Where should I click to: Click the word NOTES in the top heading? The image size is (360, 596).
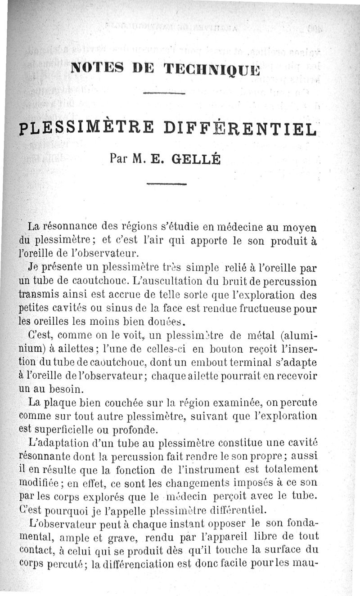pyautogui.click(x=94, y=68)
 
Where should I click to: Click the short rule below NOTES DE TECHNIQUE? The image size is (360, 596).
pyautogui.click(x=164, y=94)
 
